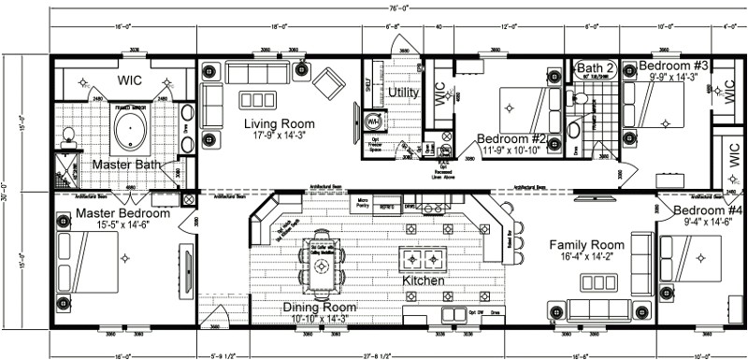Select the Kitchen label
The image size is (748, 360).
tap(422, 281)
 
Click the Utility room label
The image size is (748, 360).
tap(404, 93)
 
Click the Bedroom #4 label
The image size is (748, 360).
tap(706, 210)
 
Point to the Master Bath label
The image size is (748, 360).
tap(123, 166)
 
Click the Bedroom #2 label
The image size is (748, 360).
tap(510, 139)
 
